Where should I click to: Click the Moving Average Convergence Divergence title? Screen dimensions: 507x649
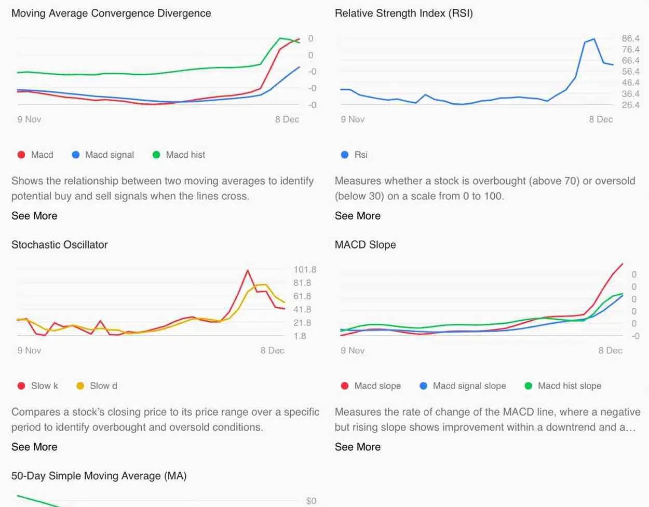click(111, 13)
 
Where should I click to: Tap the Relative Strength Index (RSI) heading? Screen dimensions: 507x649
click(403, 13)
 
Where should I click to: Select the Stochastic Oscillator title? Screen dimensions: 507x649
click(60, 245)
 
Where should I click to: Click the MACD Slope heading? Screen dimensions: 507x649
click(365, 245)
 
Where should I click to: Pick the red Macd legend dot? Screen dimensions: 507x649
click(21, 155)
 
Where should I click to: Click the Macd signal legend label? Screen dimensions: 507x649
click(110, 155)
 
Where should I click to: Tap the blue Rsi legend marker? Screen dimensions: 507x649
click(344, 155)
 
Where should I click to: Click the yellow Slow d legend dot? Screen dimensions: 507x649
click(80, 386)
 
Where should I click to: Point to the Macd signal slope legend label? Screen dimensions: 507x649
click(469, 386)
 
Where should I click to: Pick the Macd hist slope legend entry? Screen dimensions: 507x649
click(569, 386)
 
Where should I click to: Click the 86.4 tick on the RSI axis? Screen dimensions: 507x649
click(630, 38)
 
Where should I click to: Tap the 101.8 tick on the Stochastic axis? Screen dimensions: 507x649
click(304, 270)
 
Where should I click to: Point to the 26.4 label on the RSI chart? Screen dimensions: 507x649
click(630, 105)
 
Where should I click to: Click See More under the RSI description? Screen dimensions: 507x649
click(357, 216)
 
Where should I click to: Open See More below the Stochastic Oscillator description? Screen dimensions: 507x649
click(34, 447)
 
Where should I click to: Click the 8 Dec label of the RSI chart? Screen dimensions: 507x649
click(601, 119)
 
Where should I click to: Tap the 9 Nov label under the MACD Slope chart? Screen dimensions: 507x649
click(353, 350)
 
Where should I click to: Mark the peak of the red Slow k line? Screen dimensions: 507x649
click(248, 270)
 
